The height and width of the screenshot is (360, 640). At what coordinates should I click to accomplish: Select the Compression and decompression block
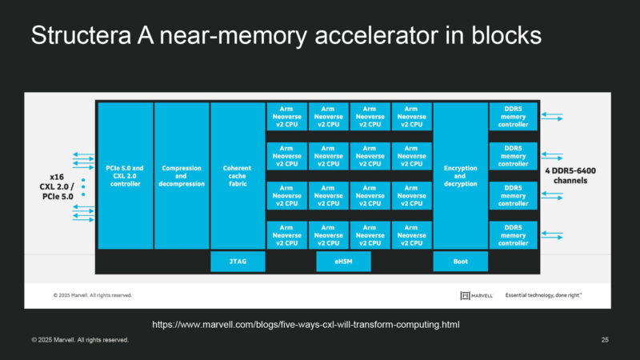click(181, 175)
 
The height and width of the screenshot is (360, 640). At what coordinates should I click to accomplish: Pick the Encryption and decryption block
click(459, 175)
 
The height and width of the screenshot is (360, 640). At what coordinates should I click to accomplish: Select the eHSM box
click(328, 262)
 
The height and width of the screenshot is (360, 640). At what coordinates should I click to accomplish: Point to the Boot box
click(459, 262)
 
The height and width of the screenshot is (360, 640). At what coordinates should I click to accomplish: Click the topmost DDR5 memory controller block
click(513, 117)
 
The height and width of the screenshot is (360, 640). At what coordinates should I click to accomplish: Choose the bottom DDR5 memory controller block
click(513, 234)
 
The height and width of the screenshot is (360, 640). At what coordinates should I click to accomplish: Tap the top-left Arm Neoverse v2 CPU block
click(286, 117)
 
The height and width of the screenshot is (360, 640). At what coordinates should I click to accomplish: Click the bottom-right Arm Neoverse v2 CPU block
click(411, 234)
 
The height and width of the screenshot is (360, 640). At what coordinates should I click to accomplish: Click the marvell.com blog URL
click(306, 324)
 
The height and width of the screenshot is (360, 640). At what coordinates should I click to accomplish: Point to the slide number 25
click(605, 340)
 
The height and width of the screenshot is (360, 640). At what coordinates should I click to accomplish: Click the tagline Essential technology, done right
click(543, 295)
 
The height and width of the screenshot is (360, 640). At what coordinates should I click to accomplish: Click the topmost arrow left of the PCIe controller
click(82, 154)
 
